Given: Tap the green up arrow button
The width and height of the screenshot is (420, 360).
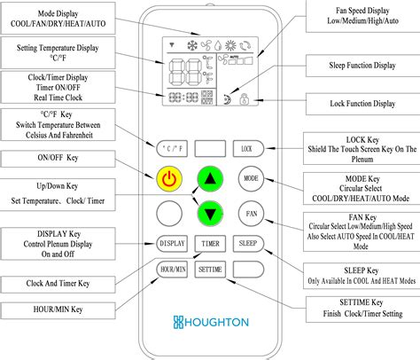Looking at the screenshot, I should pyautogui.click(x=210, y=177).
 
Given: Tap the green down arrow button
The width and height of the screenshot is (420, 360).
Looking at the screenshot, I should pyautogui.click(x=210, y=213).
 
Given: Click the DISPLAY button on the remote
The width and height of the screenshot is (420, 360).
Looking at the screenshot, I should pyautogui.click(x=171, y=243).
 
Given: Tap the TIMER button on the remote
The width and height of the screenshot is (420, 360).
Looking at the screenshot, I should pyautogui.click(x=210, y=243).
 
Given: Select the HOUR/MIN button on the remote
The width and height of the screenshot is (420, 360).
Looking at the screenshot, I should pyautogui.click(x=171, y=267).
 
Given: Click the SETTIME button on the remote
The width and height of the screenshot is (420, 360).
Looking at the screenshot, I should pyautogui.click(x=210, y=267).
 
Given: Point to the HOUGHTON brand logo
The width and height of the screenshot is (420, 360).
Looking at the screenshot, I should pyautogui.click(x=210, y=320).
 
